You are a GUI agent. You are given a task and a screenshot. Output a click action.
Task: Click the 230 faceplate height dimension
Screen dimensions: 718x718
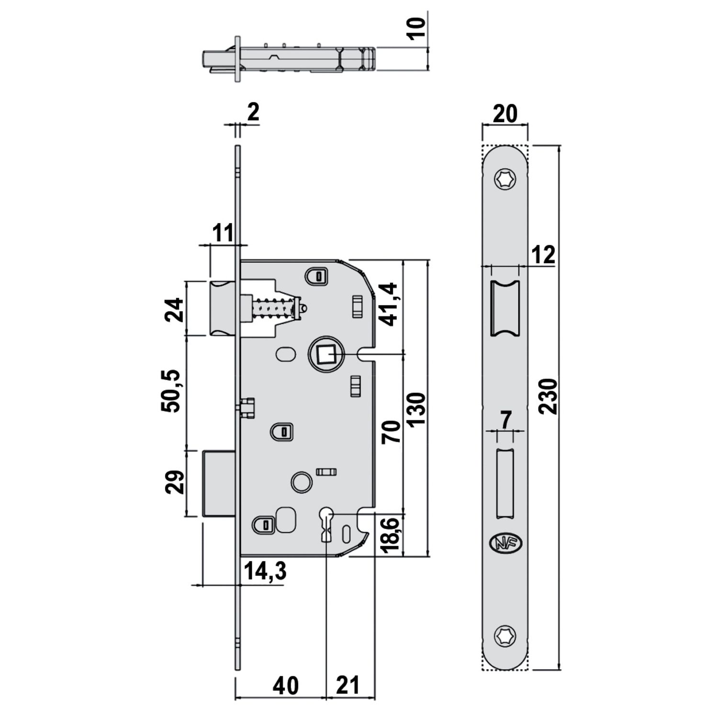(547, 396)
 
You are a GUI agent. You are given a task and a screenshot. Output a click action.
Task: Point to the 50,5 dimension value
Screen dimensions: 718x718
(171, 391)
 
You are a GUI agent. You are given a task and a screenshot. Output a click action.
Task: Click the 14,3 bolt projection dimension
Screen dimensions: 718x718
(265, 571)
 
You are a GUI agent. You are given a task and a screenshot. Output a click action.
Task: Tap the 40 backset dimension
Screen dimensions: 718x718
(285, 685)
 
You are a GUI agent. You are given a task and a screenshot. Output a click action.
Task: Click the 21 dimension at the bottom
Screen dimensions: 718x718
(348, 685)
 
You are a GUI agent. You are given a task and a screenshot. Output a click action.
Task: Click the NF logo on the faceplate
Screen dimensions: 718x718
(507, 543)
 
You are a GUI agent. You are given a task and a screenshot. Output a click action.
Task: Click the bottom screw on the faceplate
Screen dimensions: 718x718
(505, 635)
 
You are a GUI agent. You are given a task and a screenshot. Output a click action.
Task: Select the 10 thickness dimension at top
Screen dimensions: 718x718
(417, 29)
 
